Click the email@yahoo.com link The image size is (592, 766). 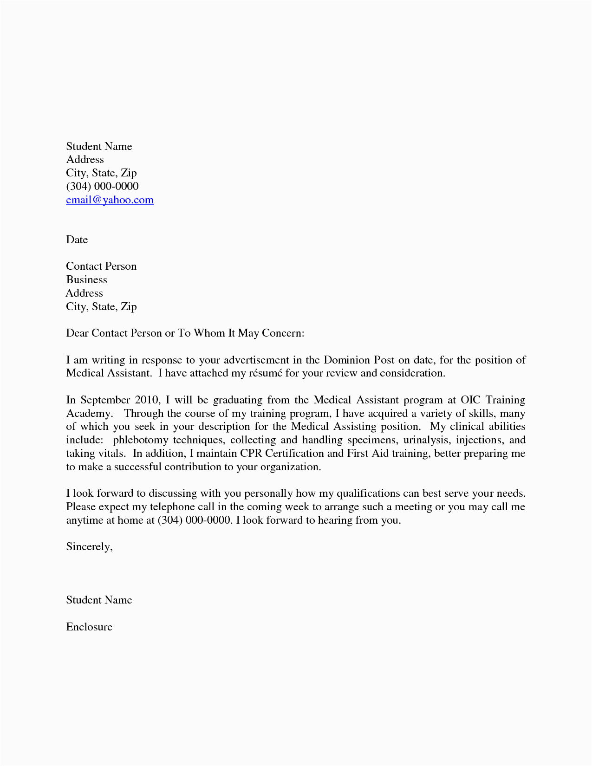pos(110,200)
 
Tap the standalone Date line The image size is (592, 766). pos(77,240)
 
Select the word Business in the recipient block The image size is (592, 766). pos(86,279)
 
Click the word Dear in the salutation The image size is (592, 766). pos(77,333)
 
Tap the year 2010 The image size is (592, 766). pos(147,400)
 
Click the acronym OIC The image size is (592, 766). pos(471,400)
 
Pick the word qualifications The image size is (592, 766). pos(367,493)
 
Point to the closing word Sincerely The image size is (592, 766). pos(89,547)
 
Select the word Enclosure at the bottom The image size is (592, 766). pos(89,627)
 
